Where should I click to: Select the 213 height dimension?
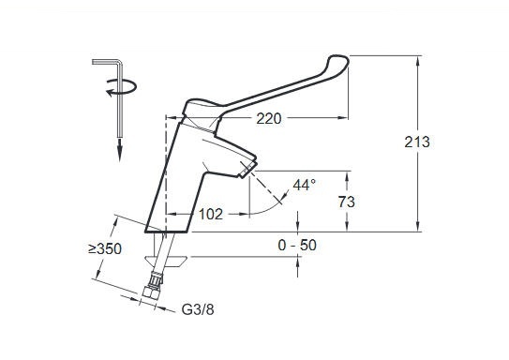(x=417, y=142)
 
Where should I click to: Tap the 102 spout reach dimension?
(x=211, y=214)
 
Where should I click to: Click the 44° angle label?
(x=305, y=186)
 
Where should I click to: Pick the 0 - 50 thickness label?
(x=297, y=245)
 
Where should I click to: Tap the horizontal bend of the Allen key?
(x=106, y=62)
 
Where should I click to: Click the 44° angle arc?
(x=280, y=200)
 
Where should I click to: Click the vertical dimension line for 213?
(x=417, y=187)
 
